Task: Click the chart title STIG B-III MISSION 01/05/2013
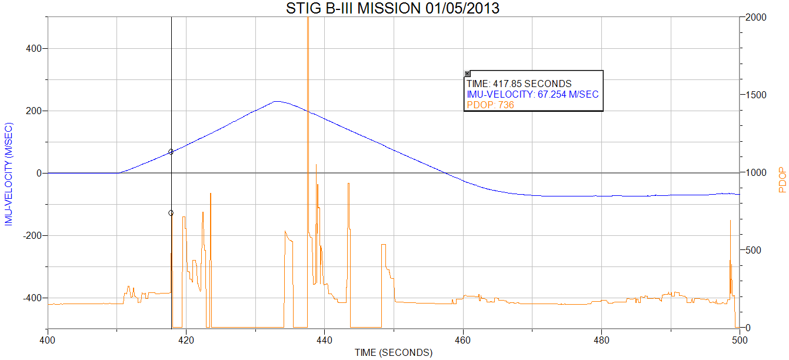[392, 8]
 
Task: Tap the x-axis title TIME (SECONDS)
[393, 352]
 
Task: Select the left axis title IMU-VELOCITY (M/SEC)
[8, 174]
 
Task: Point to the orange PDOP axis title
[782, 181]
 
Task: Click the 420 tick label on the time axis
[186, 339]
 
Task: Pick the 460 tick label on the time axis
[463, 339]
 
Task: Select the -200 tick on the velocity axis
[31, 235]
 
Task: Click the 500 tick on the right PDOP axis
[754, 250]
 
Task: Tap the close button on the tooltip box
[468, 74]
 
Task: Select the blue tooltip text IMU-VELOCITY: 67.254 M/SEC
[533, 94]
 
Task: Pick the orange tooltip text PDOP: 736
[490, 105]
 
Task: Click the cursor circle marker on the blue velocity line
[171, 152]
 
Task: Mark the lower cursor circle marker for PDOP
[171, 213]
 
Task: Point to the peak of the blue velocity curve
[277, 101]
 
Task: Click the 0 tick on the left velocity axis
[39, 173]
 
